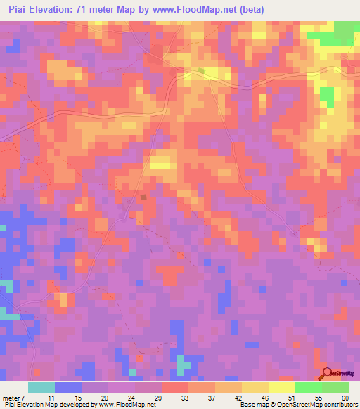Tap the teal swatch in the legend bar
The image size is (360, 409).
[x=41, y=387]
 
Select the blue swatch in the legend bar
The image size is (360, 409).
[x=67, y=387]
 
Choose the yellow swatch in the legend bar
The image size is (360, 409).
[x=282, y=387]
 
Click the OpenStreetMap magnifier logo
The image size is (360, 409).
[x=328, y=373]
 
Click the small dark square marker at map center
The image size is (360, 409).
[x=144, y=197]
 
